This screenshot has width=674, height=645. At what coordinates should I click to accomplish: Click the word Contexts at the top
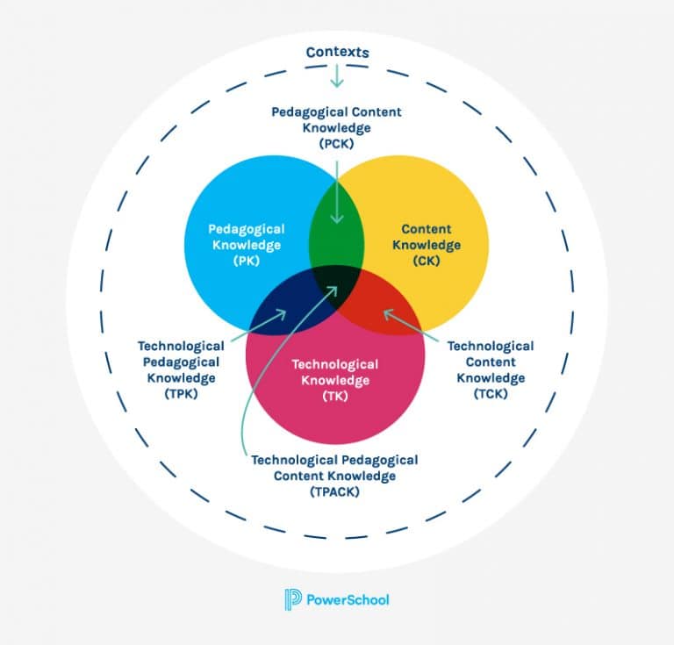337,53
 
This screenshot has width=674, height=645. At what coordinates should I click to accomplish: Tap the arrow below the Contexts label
337,76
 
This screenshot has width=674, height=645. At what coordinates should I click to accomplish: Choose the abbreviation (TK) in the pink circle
333,395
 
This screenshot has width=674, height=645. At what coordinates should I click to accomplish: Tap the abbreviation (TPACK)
334,491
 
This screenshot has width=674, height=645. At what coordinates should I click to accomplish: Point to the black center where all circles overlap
336,281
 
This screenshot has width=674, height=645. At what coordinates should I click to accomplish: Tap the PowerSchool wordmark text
348,600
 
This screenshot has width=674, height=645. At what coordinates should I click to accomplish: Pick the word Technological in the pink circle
334,364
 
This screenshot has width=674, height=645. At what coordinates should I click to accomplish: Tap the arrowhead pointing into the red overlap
386,311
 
